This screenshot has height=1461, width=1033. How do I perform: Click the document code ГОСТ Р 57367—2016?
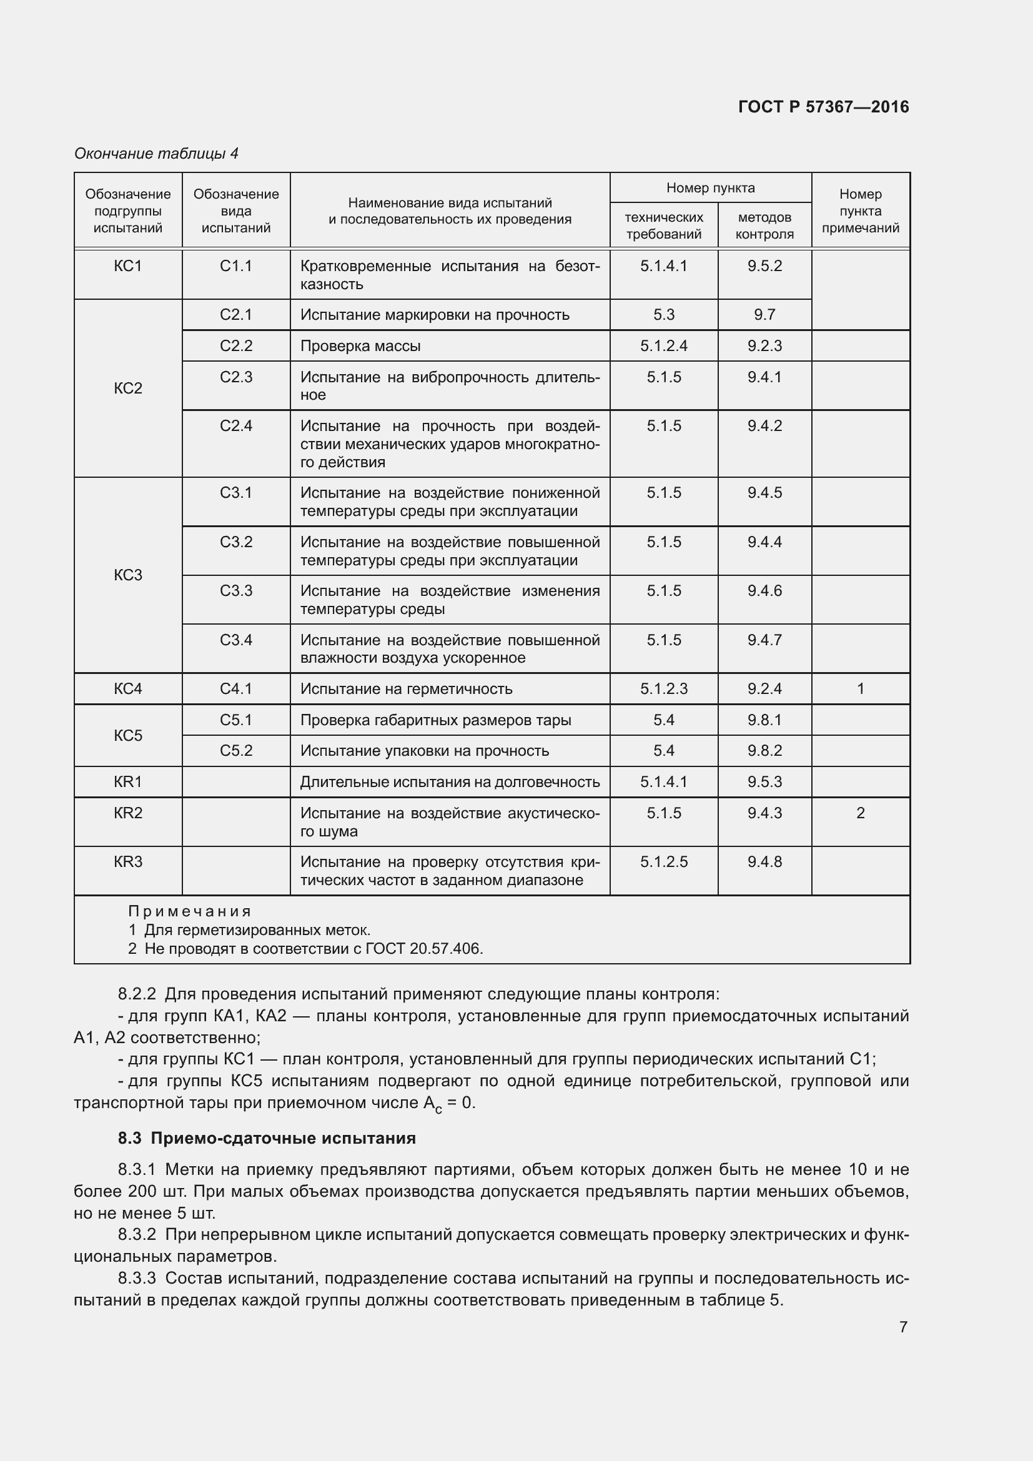(823, 107)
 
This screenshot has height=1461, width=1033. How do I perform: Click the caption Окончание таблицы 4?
(156, 154)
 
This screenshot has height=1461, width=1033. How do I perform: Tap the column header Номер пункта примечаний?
(860, 210)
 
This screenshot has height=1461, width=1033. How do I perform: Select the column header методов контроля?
(764, 225)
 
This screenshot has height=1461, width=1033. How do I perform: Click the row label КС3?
(128, 575)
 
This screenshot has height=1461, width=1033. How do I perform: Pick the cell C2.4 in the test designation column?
(236, 426)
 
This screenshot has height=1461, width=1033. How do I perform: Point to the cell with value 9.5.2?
(764, 266)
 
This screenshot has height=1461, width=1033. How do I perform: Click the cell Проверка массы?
(360, 346)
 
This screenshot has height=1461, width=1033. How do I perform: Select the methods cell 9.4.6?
(764, 590)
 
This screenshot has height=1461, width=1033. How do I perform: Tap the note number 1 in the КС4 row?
(860, 688)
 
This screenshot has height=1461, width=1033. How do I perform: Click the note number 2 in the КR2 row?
(860, 813)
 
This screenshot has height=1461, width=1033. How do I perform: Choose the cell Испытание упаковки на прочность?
(424, 751)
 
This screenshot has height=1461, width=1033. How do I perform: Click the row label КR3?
(128, 861)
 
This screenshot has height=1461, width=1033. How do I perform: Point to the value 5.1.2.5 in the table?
(663, 861)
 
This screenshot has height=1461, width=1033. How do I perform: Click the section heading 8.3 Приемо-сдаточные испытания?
(267, 1139)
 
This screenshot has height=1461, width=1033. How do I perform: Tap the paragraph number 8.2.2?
(136, 994)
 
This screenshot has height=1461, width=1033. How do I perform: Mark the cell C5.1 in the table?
(236, 720)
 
